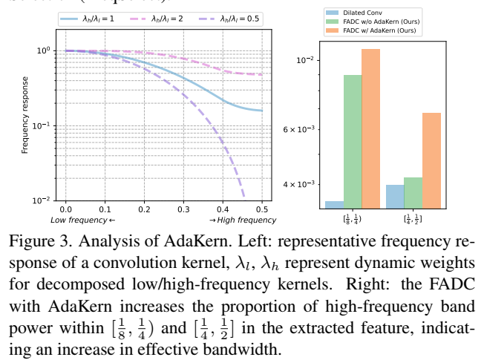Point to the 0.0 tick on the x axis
65,211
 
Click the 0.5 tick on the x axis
263,211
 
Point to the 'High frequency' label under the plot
242,220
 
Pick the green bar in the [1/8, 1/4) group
353,141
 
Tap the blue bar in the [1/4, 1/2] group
395,196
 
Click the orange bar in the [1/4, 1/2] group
431,160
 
